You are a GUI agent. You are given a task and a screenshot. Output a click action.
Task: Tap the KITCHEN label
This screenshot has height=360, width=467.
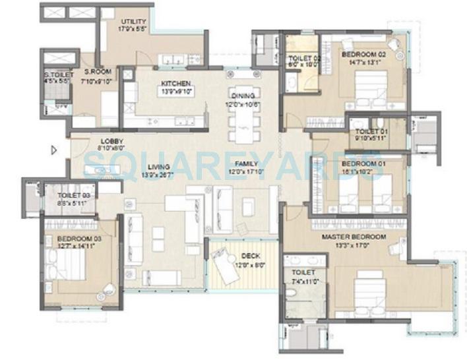[x=175, y=84]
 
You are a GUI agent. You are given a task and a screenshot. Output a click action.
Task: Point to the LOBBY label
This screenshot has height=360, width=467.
[x=112, y=141]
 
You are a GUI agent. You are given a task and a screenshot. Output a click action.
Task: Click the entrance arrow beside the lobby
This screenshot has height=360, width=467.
[x=54, y=150]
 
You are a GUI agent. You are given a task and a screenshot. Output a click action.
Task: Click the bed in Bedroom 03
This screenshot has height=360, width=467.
[x=66, y=264]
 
